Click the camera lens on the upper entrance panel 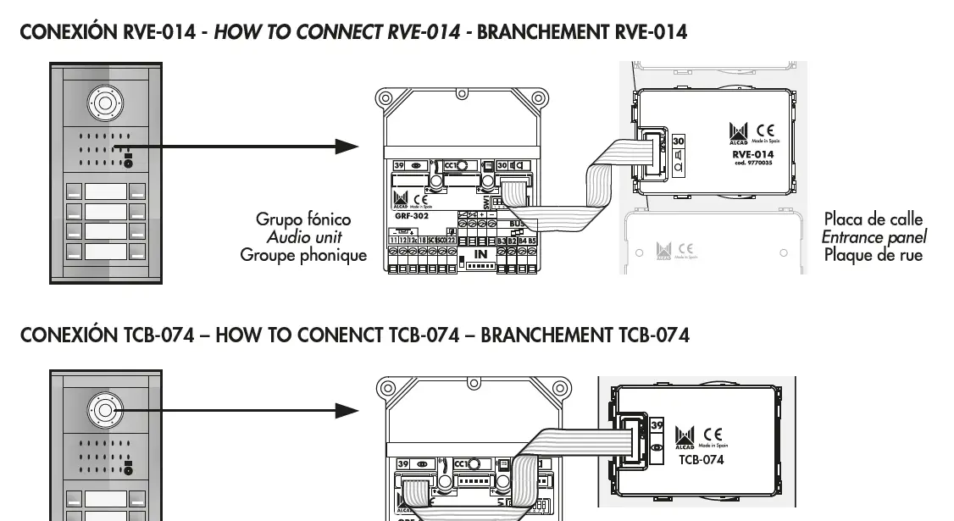[104, 103]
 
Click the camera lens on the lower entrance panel [104, 411]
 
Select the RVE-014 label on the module [752, 154]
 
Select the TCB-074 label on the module [701, 459]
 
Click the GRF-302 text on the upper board [411, 216]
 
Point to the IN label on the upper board [480, 253]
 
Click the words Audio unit [304, 237]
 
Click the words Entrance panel [874, 237]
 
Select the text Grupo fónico [303, 219]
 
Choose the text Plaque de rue [874, 254]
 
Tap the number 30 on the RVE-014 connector [678, 141]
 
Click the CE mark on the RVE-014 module [764, 131]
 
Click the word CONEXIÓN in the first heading [67, 32]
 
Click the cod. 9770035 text [752, 164]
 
